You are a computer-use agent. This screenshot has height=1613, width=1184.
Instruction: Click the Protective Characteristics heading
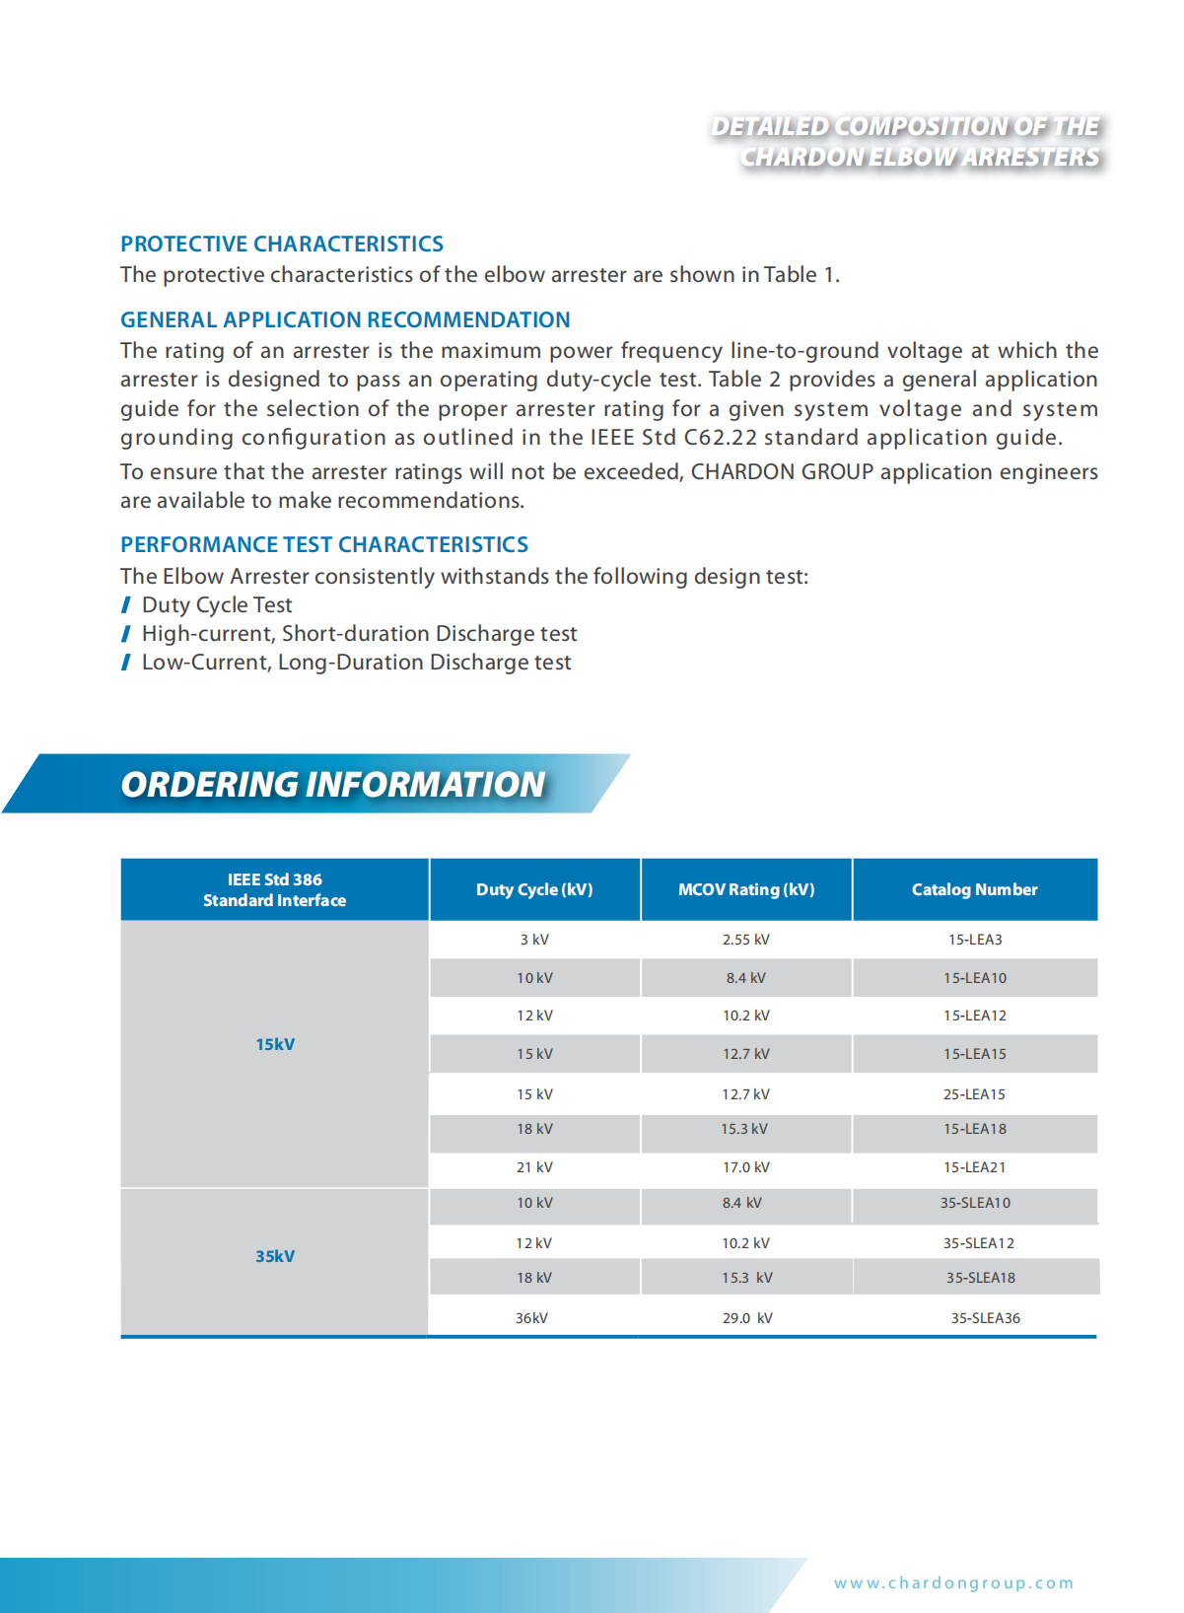point(282,244)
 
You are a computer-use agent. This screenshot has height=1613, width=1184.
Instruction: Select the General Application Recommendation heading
point(345,319)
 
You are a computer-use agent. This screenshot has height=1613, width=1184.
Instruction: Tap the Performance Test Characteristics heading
point(324,544)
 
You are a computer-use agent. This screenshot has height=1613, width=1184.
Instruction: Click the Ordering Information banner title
point(332,784)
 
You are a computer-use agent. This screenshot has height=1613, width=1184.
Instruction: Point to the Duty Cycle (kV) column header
point(534,889)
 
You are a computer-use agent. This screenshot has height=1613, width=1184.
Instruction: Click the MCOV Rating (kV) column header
point(746,889)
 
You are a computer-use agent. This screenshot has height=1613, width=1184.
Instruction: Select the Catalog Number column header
point(974,889)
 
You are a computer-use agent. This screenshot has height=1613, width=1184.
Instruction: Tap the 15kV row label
point(275,1044)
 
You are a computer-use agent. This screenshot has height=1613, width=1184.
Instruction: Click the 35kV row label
point(275,1256)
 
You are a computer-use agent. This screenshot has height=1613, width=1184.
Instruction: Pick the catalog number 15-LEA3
point(975,940)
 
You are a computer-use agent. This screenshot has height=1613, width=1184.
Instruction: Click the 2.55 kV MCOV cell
point(746,940)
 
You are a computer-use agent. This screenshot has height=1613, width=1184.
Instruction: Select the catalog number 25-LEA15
point(974,1094)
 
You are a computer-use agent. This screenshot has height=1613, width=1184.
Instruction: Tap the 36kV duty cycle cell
point(531,1318)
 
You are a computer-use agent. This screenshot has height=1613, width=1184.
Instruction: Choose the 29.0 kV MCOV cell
point(747,1318)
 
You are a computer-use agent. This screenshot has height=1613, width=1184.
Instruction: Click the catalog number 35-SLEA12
point(978,1243)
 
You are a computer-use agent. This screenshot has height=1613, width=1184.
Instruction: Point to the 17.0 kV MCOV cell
point(746,1167)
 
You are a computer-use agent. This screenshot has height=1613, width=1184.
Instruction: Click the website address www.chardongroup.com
point(953,1582)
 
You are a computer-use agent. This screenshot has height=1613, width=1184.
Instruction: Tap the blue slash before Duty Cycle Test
point(126,605)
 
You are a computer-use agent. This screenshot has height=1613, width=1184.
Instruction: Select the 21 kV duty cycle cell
point(534,1167)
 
